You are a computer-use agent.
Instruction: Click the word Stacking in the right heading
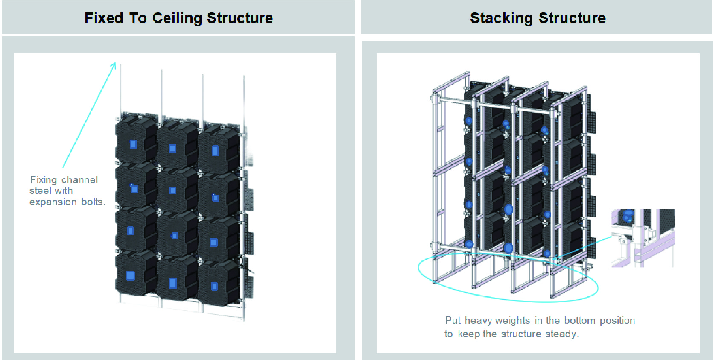click(501, 18)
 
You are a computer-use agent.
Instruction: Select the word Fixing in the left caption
click(43, 180)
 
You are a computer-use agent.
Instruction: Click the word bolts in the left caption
click(92, 202)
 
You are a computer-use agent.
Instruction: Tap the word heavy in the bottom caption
click(478, 320)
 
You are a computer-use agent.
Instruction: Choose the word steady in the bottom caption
click(560, 334)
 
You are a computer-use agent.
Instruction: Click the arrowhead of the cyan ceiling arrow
click(114, 65)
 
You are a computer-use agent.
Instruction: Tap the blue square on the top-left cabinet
click(133, 144)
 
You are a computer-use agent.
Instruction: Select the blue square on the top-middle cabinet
click(172, 149)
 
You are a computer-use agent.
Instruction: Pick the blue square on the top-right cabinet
click(215, 150)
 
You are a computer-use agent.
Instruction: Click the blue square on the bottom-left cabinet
click(130, 275)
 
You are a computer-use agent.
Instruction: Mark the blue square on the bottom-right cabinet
click(214, 286)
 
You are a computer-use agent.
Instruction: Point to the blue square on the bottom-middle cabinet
click(173, 283)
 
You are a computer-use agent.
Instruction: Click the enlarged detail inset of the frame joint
click(643, 238)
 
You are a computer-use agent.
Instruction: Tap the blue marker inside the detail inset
click(628, 215)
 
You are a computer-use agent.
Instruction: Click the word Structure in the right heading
click(572, 18)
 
